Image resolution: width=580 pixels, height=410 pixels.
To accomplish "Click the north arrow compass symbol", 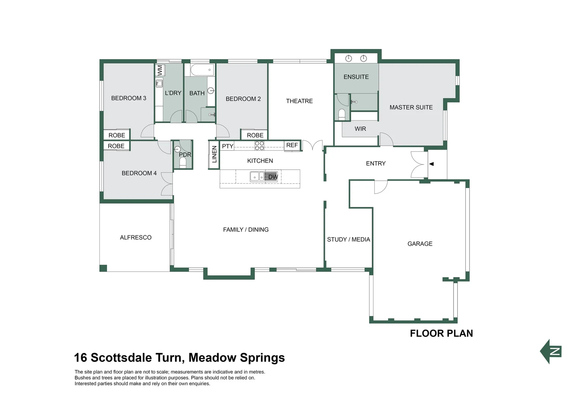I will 551,351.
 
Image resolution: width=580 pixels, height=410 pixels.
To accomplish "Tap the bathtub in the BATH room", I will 202,70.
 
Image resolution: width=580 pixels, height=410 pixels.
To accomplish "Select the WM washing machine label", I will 160,70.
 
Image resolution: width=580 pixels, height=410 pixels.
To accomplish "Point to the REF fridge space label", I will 292,145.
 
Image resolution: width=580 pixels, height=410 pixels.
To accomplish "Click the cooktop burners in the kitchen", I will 259,146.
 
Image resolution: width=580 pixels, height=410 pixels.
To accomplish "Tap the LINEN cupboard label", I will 214,155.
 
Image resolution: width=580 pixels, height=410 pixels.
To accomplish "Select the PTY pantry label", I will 227,146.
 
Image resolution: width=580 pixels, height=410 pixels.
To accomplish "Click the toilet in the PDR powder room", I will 183,162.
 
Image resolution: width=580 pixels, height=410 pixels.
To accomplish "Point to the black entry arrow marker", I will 431,164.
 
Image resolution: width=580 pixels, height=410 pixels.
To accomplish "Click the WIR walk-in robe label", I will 360,129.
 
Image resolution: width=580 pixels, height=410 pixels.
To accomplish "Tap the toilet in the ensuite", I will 342,114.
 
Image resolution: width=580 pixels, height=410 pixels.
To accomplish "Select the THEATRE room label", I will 299,101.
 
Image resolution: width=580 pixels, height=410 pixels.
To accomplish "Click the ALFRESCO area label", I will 136,237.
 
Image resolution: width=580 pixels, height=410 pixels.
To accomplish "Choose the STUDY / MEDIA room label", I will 348,240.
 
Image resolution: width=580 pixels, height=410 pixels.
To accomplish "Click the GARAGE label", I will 420,244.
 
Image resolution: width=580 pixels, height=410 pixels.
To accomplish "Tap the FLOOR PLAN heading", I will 441,333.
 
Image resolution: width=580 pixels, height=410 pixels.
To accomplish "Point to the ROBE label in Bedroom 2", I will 255,135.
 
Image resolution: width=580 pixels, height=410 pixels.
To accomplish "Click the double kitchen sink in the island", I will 257,176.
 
